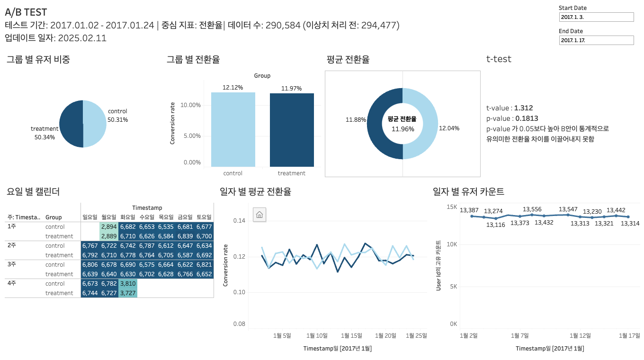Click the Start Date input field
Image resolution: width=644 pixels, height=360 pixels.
tap(596, 17)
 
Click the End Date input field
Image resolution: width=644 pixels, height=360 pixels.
tap(596, 40)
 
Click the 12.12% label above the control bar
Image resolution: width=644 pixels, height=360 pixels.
tap(233, 88)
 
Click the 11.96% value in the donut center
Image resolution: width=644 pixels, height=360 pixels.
tap(402, 129)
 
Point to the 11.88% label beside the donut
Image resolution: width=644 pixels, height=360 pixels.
tap(356, 120)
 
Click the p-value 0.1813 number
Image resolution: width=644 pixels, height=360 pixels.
tap(527, 118)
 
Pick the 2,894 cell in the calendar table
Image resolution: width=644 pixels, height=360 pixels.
tap(109, 227)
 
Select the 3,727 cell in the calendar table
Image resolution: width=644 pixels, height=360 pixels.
tap(128, 293)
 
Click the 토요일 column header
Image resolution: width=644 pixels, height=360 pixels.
tap(204, 217)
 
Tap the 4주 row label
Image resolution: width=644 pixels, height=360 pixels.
tap(12, 284)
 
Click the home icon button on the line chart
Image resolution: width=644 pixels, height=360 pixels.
tap(259, 215)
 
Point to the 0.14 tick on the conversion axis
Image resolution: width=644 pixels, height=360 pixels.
tap(239, 221)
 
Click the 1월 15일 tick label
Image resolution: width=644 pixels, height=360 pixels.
tap(351, 336)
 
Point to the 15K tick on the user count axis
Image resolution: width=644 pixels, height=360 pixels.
tap(451, 207)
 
